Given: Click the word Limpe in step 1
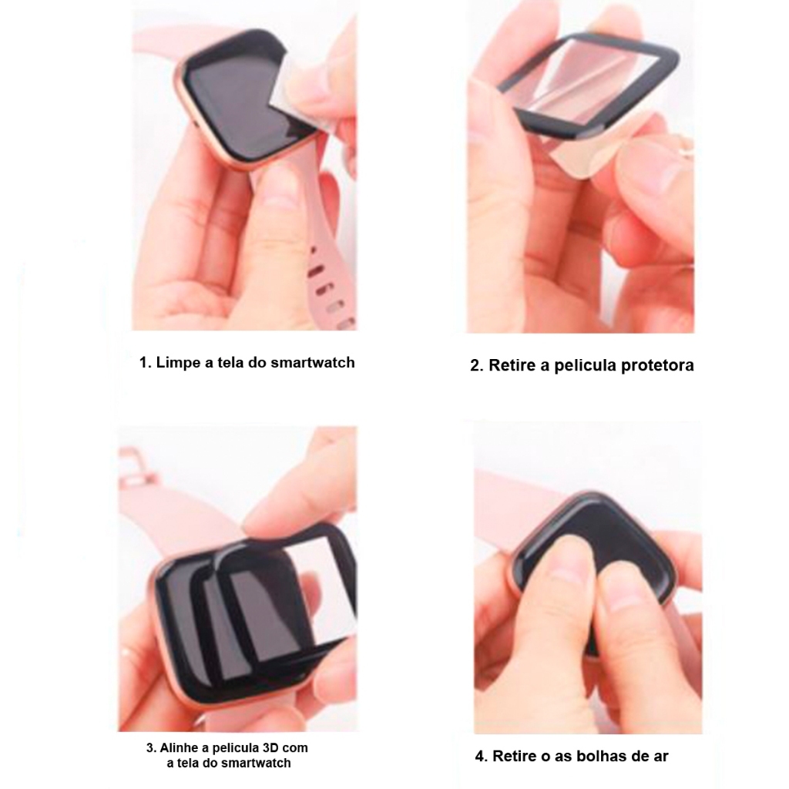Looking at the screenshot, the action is click(178, 363).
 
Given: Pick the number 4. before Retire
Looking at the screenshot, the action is click(482, 757).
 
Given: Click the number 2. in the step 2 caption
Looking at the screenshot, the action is click(477, 365).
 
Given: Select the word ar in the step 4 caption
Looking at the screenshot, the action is click(660, 757).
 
